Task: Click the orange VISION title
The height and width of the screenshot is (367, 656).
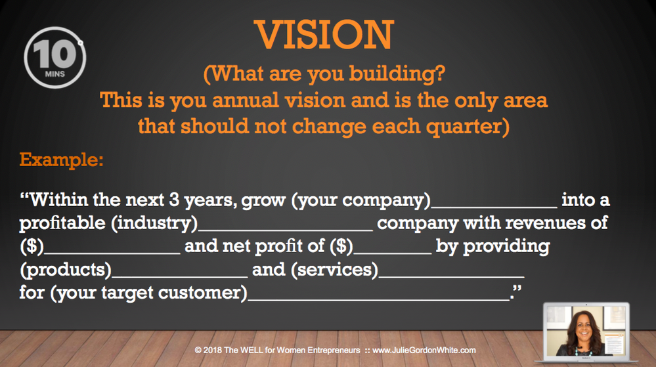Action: coord(324,35)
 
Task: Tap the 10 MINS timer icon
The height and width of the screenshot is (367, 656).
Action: coord(55,57)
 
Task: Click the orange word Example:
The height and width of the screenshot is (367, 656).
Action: coord(62,160)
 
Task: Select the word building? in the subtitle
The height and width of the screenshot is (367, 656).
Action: coord(397,74)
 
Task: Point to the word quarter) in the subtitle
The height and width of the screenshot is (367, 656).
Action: coord(468,127)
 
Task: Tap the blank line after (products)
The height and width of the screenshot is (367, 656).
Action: coord(180,276)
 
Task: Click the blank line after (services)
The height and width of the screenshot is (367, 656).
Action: coord(451,276)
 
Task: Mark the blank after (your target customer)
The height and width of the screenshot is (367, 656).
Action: coord(379,299)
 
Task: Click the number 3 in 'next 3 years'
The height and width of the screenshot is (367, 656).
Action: coord(174,200)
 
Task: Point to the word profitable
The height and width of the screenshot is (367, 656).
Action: coord(62,223)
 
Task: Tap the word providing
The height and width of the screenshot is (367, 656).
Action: coord(506,246)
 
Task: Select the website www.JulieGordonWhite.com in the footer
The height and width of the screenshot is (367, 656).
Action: coord(424,351)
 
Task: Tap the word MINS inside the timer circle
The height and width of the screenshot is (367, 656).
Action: coord(55,74)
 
